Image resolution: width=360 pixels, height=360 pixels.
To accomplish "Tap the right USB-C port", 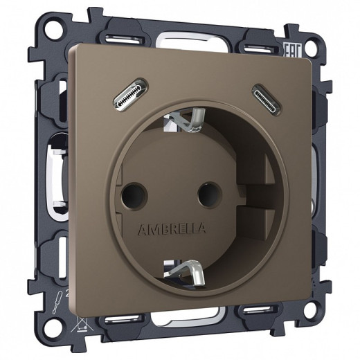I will pos(264,94).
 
